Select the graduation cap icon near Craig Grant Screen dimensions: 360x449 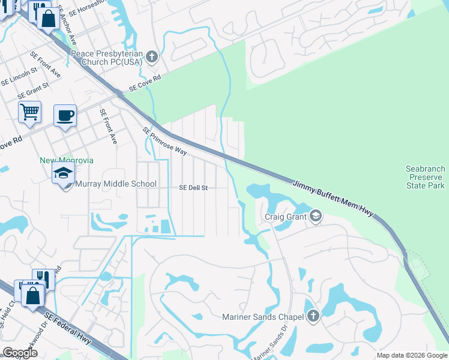(x=316, y=216)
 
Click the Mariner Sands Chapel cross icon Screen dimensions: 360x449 (x=313, y=316)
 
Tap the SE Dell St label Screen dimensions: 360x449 (x=193, y=188)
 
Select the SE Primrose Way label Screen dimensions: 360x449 (x=164, y=141)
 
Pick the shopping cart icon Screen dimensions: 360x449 (x=29, y=112)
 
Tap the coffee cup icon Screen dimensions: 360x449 (x=65, y=116)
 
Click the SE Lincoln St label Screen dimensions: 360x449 (x=19, y=76)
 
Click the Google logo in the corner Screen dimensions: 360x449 (x=20, y=353)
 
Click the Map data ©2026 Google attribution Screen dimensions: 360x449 (x=412, y=355)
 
